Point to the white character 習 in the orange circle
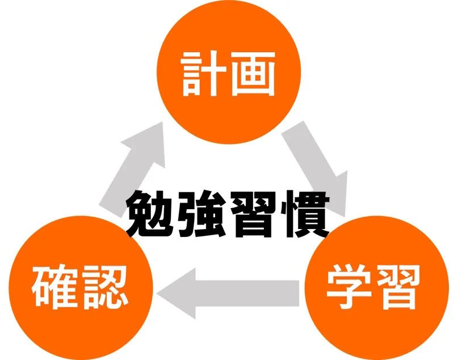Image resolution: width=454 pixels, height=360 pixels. (398, 288)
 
